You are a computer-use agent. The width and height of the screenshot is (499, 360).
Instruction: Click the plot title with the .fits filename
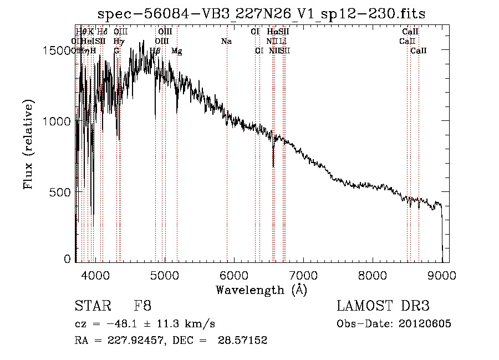(x=262, y=14)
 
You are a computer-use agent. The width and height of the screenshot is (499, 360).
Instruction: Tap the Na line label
(x=226, y=41)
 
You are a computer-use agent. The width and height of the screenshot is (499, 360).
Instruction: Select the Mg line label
(x=176, y=51)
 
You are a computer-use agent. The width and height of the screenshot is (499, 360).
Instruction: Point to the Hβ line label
(x=155, y=51)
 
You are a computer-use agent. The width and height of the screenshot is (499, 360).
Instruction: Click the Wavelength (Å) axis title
(x=262, y=290)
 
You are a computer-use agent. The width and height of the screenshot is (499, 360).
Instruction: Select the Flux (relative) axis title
(x=28, y=144)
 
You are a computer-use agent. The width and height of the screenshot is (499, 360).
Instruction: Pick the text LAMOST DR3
(x=383, y=307)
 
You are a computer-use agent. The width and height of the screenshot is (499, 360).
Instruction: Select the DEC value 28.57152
(x=242, y=341)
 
